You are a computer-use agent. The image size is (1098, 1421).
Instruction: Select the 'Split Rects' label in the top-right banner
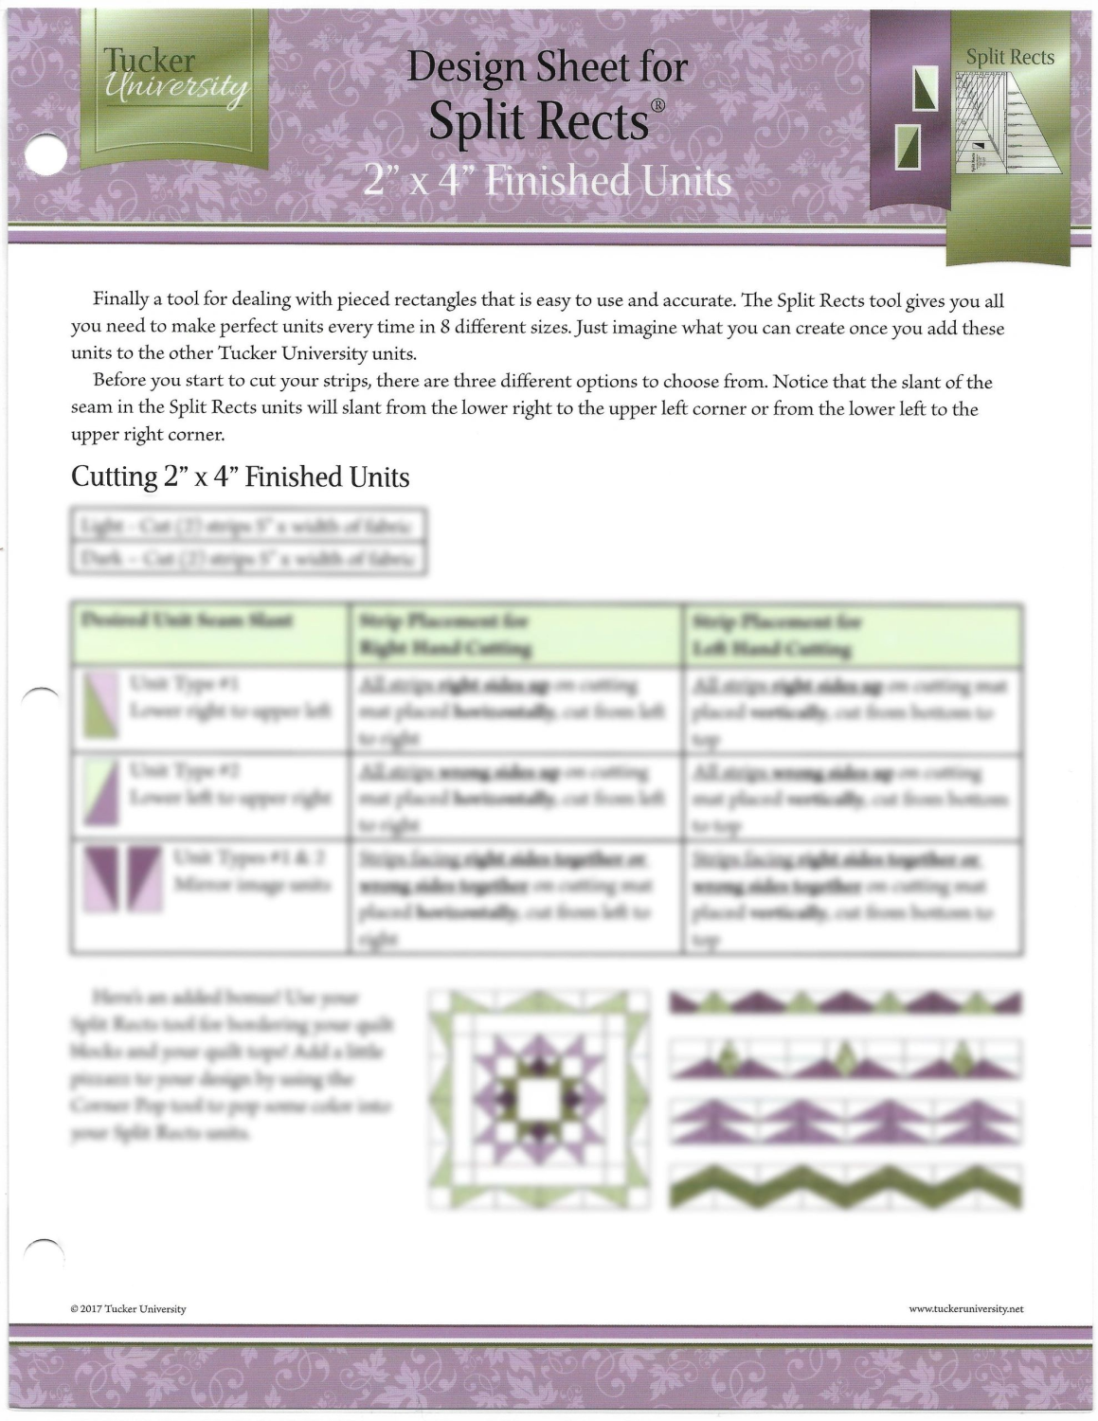pos(1010,58)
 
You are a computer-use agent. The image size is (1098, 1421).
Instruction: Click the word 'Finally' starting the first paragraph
pos(119,301)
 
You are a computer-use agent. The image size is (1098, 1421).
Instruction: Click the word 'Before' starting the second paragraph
pos(119,383)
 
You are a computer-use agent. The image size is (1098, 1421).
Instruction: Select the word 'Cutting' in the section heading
pos(107,476)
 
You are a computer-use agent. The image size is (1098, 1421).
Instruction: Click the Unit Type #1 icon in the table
pos(100,706)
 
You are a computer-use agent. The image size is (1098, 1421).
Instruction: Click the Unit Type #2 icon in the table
pos(100,793)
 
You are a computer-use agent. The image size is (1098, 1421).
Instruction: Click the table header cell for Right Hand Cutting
pos(515,635)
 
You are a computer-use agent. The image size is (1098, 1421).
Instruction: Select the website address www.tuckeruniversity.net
pos(965,1309)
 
